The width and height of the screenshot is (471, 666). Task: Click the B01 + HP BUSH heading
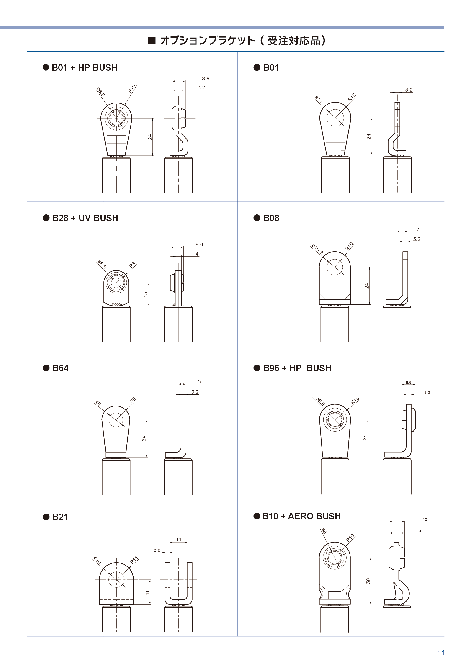84,68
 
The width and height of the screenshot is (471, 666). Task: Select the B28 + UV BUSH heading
85,218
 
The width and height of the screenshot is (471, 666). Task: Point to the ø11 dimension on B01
319,100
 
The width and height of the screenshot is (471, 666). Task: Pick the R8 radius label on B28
133,265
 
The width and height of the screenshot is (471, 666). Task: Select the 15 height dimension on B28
146,294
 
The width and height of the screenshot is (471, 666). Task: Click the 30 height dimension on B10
368,581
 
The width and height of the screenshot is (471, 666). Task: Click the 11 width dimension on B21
179,540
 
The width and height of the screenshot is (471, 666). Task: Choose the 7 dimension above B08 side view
418,229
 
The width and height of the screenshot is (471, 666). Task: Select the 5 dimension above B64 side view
199,382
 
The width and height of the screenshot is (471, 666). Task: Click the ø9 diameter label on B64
98,403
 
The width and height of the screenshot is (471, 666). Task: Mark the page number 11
441,653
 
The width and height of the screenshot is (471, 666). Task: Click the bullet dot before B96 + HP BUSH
257,368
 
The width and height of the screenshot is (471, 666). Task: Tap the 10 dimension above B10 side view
425,519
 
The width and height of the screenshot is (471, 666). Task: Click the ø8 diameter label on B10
324,531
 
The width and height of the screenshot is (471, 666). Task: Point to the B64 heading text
60,368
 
